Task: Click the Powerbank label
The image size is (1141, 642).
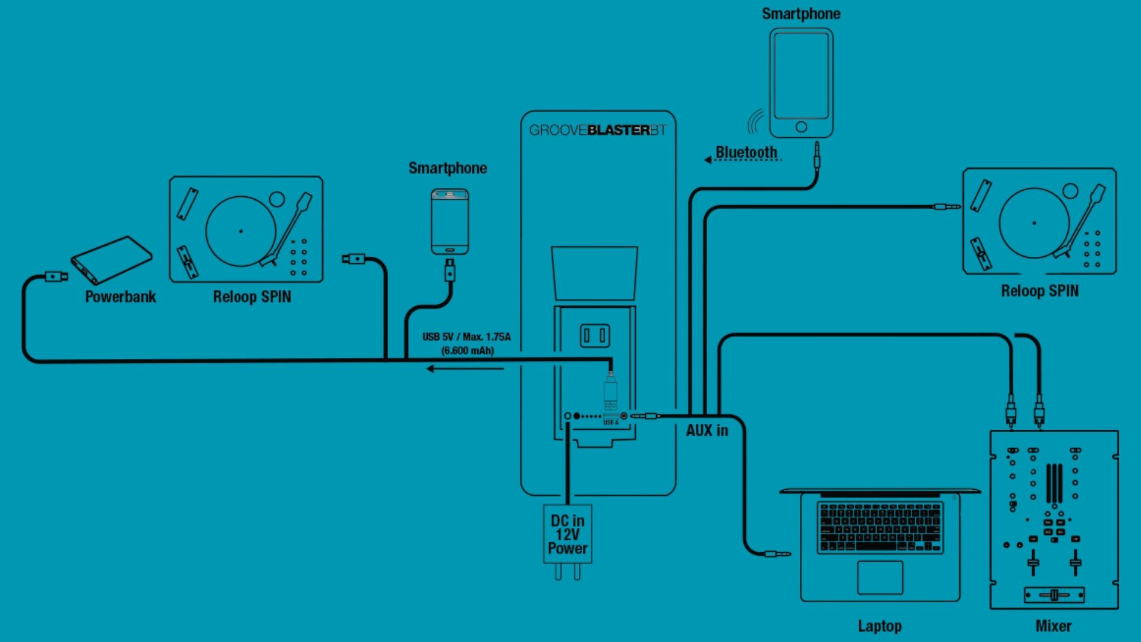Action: coord(120,297)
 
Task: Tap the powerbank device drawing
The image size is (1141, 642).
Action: coord(111,260)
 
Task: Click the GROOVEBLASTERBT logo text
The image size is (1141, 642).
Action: coord(597,130)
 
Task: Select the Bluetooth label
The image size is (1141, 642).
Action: coord(746,153)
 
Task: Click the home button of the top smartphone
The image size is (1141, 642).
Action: coord(801,127)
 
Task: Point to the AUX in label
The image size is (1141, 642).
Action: coord(707,430)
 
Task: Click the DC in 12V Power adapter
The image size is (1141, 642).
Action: coord(568,534)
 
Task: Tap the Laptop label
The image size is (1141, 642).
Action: coord(880,626)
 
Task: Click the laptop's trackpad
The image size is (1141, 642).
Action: coord(880,577)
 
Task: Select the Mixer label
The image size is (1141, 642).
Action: coord(1053,626)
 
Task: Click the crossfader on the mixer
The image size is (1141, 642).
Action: coord(1054,594)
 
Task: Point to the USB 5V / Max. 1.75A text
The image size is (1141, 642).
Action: coord(467,337)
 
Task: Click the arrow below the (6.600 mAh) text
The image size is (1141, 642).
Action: coord(465,369)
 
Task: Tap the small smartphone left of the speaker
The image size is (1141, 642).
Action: coord(450,222)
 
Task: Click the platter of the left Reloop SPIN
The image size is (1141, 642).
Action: coord(241,231)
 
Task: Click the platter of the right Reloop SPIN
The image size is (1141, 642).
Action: coord(1034,223)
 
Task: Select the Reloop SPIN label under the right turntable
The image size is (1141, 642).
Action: coord(1039,291)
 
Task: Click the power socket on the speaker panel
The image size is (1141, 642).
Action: coord(594,336)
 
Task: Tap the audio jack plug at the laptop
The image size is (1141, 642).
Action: coord(777,554)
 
